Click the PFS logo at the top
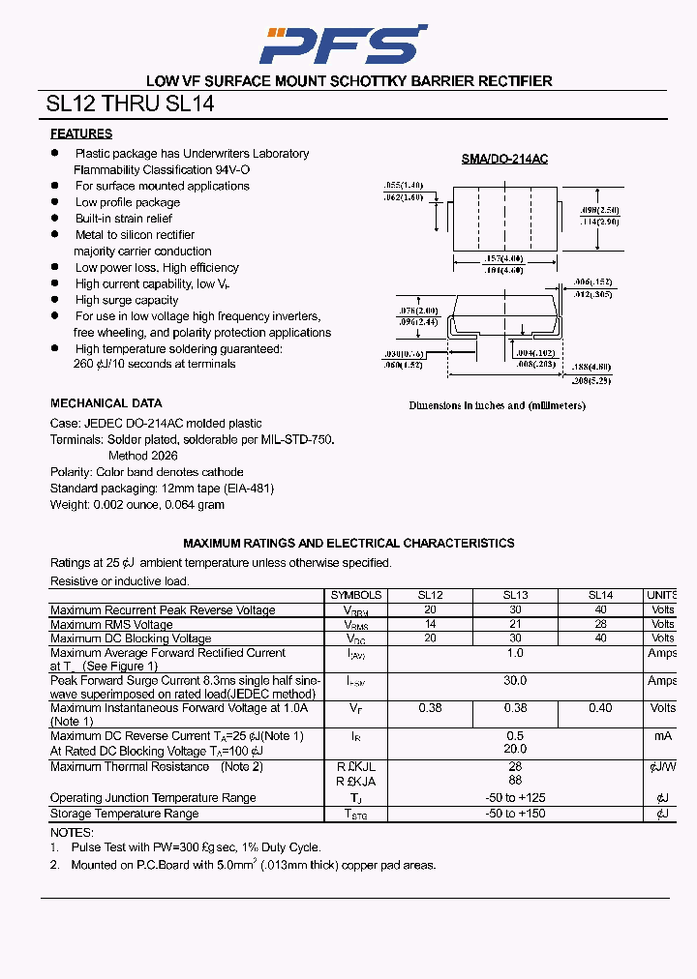346,44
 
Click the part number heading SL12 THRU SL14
130,104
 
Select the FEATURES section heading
81,134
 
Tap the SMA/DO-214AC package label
503,159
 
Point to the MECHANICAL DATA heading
106,403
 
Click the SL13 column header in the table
515,596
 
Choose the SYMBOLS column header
356,596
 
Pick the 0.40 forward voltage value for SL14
600,708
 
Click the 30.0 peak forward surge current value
515,681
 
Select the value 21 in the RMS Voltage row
515,625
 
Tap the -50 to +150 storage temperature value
515,814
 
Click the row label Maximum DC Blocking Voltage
131,638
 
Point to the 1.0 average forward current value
515,654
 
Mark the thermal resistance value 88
515,781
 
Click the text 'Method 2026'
142,456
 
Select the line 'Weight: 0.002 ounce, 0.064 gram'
137,505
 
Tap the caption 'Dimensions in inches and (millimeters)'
497,406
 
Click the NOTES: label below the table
73,833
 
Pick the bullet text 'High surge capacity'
127,300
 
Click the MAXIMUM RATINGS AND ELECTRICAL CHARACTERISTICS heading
348,544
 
